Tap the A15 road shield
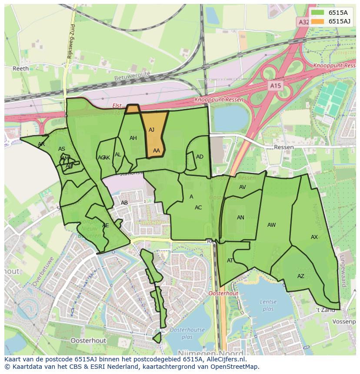point(275,86)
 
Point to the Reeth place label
point(20,69)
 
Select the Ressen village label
point(283,147)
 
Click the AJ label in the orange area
point(151,130)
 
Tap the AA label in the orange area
point(157,151)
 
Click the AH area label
point(133,138)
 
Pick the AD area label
point(200,157)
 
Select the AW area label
point(271,225)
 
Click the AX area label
point(314,237)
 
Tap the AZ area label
point(301,276)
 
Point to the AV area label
point(243,187)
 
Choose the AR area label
point(41,144)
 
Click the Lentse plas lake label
point(268,305)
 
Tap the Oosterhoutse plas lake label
point(187,333)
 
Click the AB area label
point(124,203)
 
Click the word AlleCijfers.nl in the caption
point(224,360)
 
